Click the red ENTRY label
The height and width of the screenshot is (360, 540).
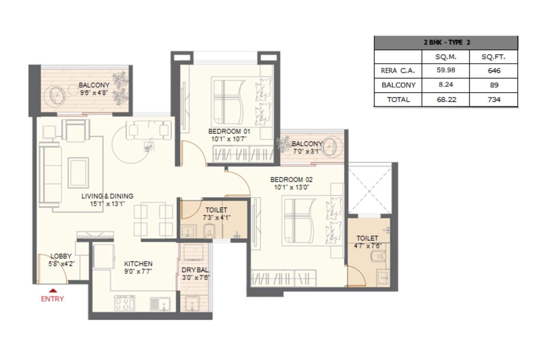coord(52,299)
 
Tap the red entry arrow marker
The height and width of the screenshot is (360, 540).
coord(53,290)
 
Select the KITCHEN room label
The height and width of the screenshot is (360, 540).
coord(138,264)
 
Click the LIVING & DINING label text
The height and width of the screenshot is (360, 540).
coord(107,196)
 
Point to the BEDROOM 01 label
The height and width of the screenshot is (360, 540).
coord(229,131)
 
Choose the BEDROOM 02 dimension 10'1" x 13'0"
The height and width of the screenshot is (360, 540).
coord(291,187)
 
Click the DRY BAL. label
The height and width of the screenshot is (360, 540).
coord(195,270)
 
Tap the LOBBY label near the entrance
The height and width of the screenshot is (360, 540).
coord(61,256)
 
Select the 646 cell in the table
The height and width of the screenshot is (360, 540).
coord(494,71)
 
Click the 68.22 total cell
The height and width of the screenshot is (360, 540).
coord(446,100)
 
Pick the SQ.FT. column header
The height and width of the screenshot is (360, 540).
coord(493,57)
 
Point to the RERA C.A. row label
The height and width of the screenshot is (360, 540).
coord(398,71)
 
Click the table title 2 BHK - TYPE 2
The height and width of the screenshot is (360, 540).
coord(446,43)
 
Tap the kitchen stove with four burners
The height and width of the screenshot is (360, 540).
coord(125,303)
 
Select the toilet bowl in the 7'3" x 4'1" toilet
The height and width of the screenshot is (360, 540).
coord(209,231)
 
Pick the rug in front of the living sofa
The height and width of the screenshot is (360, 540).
coord(78,172)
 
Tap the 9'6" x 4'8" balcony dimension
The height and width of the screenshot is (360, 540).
coord(93,92)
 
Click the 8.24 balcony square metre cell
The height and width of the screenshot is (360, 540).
coord(446,85)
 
